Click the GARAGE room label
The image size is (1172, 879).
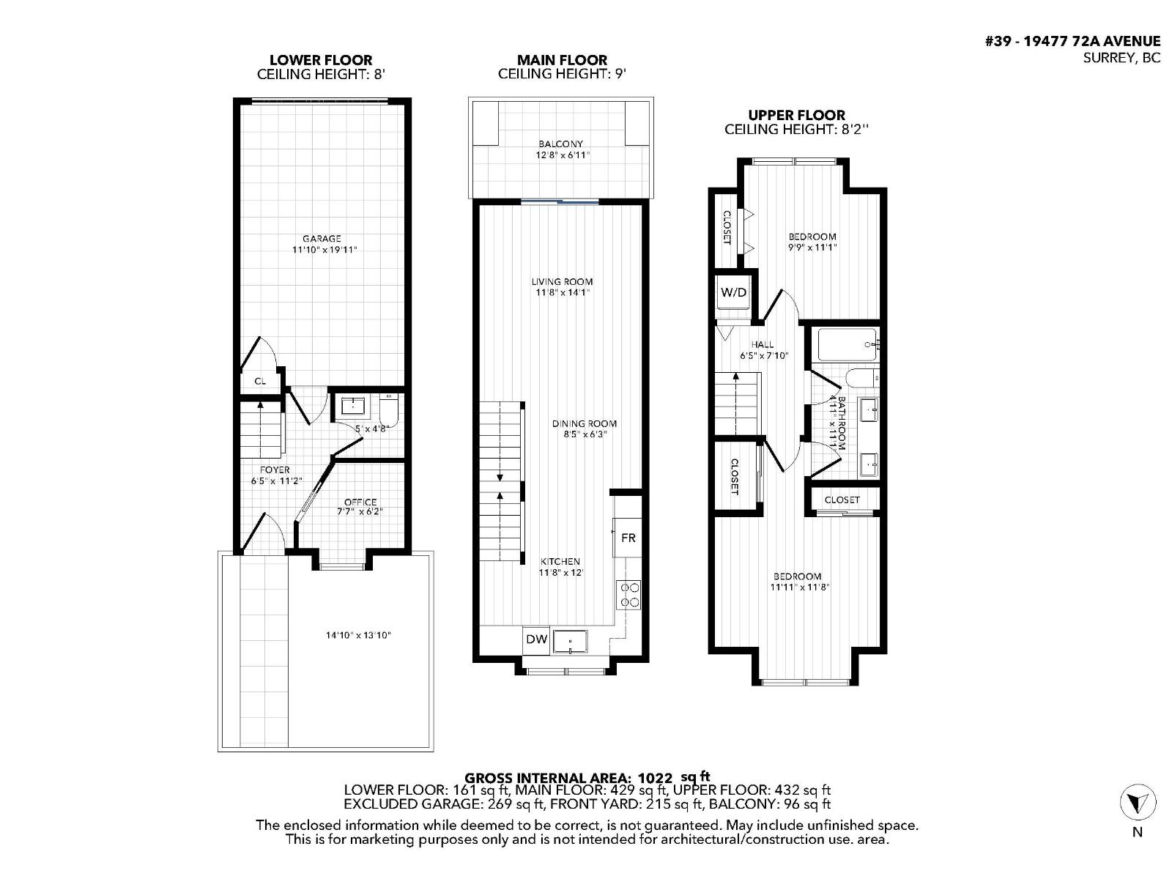point(322,239)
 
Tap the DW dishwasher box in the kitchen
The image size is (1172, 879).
point(537,639)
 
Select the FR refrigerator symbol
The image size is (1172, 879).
point(628,538)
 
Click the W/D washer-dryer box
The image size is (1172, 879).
point(734,293)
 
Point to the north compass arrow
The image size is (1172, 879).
point(1138,804)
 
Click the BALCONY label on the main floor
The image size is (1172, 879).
point(560,144)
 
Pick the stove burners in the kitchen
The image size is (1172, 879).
point(630,594)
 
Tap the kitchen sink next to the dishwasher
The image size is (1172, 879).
point(571,642)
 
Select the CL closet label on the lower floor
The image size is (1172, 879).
point(260,381)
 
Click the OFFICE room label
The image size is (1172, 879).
point(360,502)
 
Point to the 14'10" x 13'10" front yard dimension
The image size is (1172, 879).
point(358,635)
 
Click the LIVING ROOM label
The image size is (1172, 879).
point(562,281)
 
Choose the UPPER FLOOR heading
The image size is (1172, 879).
point(796,115)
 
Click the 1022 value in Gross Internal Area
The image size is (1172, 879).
point(655,778)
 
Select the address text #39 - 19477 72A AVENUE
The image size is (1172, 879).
point(1072,42)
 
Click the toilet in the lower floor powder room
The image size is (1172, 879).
point(389,410)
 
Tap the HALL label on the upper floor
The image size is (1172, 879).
point(762,344)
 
